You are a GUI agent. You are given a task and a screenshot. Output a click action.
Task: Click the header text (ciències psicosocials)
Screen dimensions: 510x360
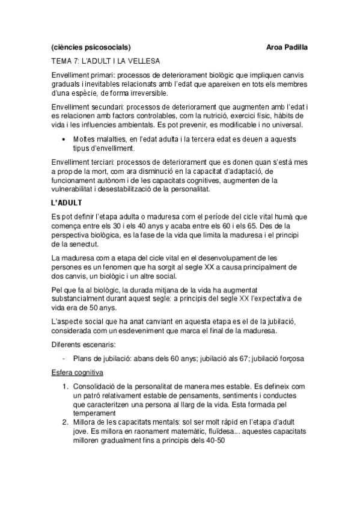tap(90, 46)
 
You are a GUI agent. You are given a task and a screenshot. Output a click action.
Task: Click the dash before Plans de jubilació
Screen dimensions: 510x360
tap(64, 358)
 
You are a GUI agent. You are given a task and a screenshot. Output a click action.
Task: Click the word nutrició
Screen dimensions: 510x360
tap(216, 115)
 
